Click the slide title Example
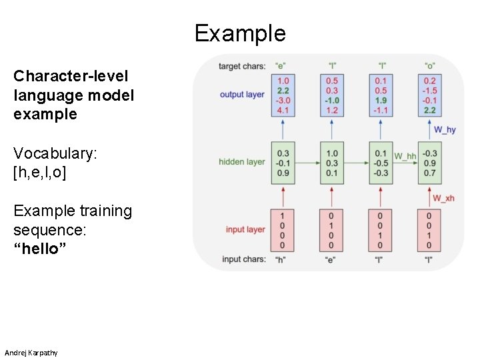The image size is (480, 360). coord(240,33)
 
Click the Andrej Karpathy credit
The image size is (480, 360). coord(31,352)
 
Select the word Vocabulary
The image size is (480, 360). coord(54,153)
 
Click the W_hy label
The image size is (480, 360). coord(445,129)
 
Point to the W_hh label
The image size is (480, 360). coord(404,157)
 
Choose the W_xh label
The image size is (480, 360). coord(444,198)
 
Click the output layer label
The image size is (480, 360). coord(242,95)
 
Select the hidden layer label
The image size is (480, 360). coord(242,161)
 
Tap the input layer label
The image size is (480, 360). coord(245,229)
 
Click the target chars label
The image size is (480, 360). coord(242,66)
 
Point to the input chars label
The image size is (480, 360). coord(243,259)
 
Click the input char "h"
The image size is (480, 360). coord(282,259)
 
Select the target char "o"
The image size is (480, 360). coord(429,66)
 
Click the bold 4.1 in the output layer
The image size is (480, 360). coord(283,110)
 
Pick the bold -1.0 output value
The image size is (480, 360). coord(331,100)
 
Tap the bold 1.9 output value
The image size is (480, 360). coord(381,100)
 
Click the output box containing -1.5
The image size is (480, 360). coord(429,95)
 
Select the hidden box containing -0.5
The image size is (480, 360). coord(381,163)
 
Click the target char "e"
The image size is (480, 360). coord(282,66)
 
